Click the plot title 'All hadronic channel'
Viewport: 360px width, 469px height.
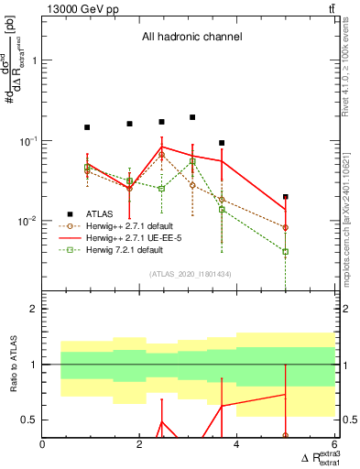[191, 38]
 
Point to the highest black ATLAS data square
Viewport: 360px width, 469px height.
[192, 117]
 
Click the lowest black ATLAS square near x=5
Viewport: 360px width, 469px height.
[286, 197]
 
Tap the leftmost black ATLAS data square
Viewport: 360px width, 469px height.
[87, 127]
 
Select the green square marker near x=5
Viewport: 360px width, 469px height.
[286, 251]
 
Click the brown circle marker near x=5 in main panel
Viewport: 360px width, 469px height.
[286, 227]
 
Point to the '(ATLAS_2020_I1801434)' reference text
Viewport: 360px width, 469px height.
[191, 274]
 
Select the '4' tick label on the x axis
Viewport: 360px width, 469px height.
[237, 445]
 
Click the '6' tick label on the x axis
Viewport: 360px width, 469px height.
[334, 445]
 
